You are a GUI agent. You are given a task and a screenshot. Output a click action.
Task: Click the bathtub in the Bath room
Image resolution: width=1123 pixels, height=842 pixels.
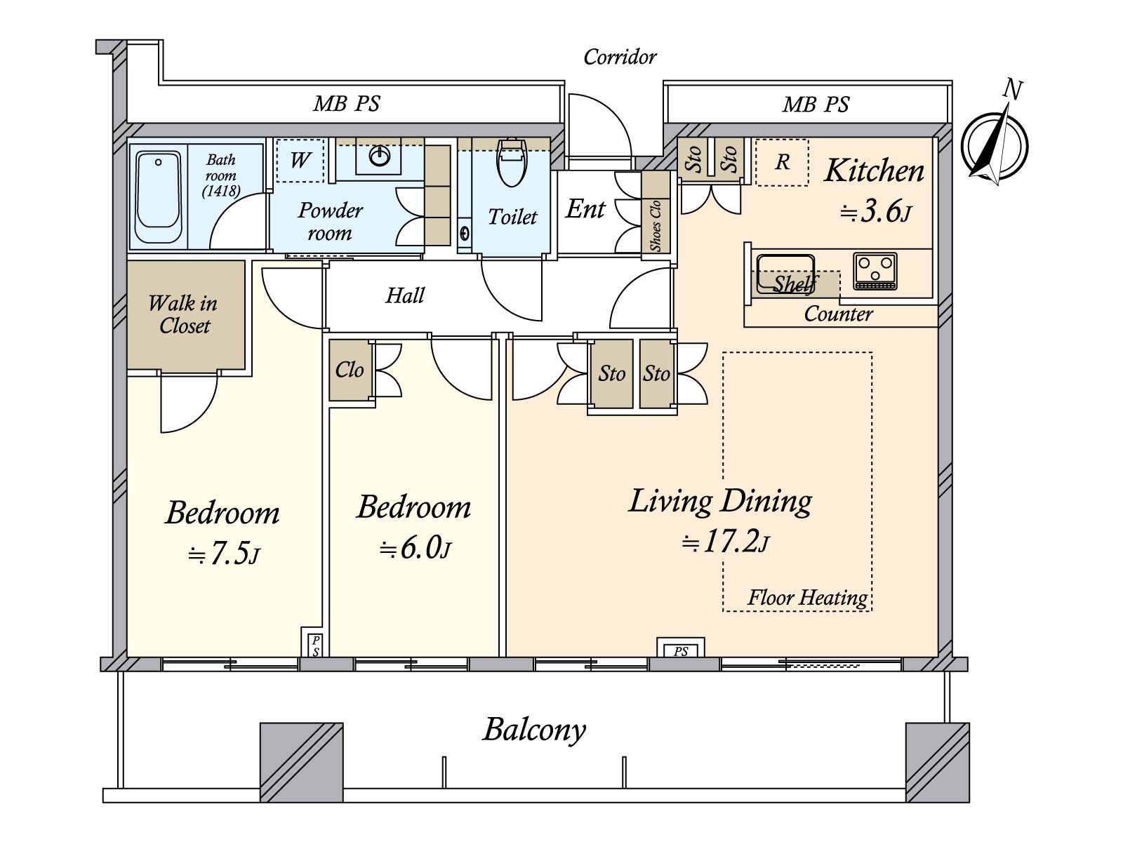coord(159,197)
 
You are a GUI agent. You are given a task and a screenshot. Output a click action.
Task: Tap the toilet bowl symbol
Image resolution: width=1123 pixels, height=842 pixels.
coord(512,163)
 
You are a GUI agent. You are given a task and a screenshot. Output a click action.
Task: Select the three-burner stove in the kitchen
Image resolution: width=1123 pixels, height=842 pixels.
coord(875,271)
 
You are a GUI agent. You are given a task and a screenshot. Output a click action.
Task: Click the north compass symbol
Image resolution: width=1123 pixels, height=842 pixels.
coord(995,145)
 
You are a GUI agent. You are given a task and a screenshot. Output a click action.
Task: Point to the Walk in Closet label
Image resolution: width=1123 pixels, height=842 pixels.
coord(183,314)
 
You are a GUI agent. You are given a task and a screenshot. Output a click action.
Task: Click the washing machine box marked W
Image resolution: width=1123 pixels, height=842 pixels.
coord(300,160)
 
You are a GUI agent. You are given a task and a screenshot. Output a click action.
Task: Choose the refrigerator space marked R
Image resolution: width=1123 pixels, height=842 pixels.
coord(782,162)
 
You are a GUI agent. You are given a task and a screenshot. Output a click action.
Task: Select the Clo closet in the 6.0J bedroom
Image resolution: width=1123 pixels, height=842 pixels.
coord(350,370)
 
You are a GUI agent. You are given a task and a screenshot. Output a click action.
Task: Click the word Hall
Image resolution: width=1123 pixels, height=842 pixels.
coord(405,295)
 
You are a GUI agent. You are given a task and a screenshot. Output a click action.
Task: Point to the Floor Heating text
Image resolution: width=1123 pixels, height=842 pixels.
coord(807,597)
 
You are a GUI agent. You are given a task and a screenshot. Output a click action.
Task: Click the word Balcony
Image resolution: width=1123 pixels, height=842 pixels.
coord(534,730)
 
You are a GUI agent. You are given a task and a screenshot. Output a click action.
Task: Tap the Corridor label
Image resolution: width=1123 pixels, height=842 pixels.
coord(620,57)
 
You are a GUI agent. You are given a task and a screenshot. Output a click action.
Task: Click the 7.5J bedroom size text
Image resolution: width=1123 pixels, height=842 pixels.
coord(224,553)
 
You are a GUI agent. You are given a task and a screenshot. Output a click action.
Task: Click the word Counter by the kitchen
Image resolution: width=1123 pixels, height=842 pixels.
coord(838,314)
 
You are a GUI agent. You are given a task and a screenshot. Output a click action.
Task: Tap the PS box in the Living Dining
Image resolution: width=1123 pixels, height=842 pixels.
coord(680,648)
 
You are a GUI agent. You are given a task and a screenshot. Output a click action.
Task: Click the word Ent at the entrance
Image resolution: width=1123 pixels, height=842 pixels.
coord(585,209)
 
